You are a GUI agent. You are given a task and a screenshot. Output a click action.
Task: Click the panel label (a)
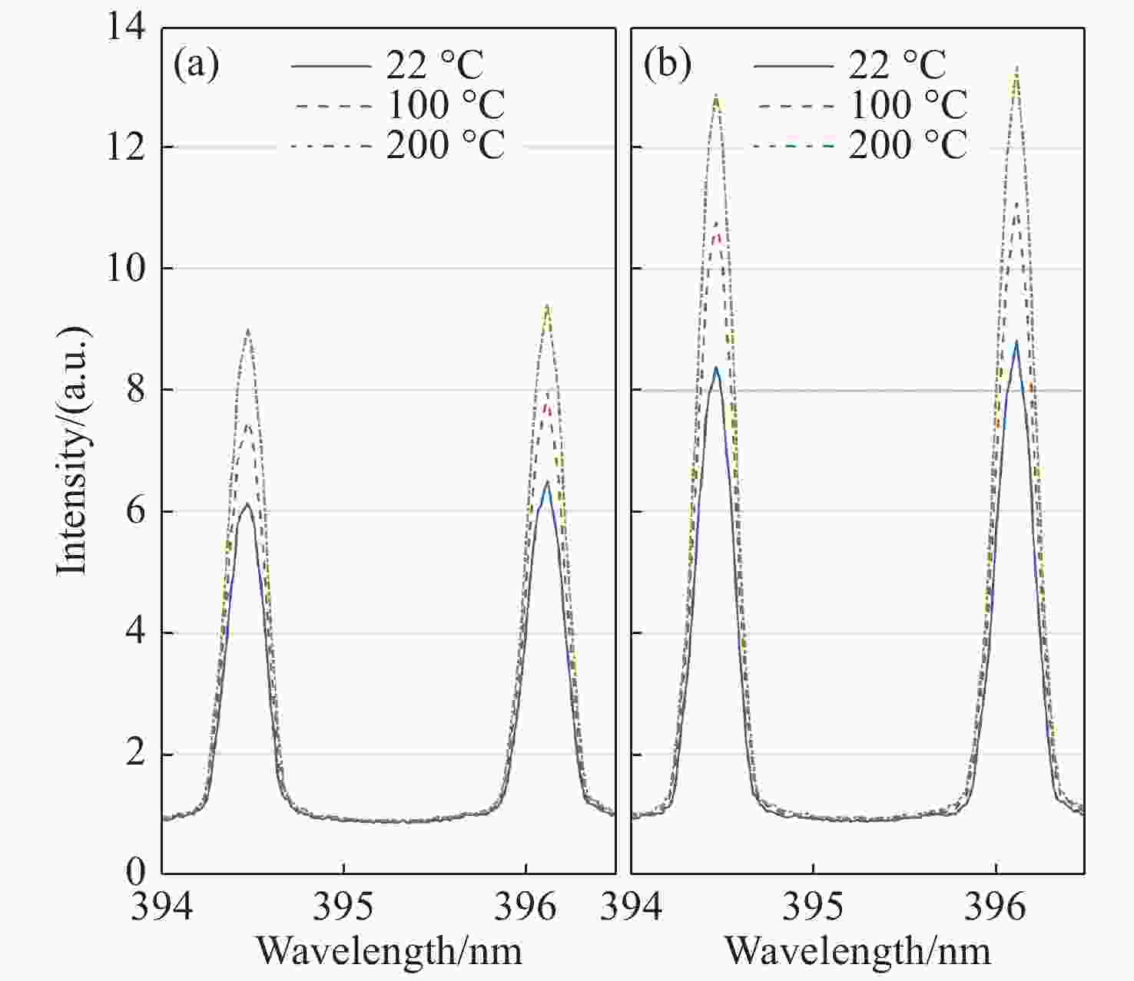pyautogui.click(x=196, y=65)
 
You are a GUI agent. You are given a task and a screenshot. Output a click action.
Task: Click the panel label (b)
pyautogui.click(x=666, y=65)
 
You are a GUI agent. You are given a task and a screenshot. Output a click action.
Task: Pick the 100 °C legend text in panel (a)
pyautogui.click(x=445, y=105)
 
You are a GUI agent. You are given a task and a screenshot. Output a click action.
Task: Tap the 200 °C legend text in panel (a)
pyautogui.click(x=445, y=145)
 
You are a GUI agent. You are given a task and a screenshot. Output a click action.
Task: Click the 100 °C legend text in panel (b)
pyautogui.click(x=907, y=105)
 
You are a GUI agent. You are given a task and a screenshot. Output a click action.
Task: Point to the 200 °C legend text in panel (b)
pyautogui.click(x=907, y=145)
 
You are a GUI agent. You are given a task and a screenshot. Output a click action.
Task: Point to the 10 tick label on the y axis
pyautogui.click(x=125, y=269)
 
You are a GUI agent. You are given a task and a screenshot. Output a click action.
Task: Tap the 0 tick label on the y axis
pyautogui.click(x=135, y=872)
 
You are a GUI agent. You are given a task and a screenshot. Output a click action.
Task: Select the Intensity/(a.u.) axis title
pyautogui.click(x=75, y=450)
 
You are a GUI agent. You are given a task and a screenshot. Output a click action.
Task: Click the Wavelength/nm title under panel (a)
pyautogui.click(x=389, y=950)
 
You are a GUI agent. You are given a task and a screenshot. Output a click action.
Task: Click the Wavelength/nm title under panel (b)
pyautogui.click(x=857, y=950)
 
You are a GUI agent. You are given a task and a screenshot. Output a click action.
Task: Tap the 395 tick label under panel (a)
pyautogui.click(x=343, y=907)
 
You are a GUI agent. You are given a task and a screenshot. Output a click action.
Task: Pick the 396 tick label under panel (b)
pyautogui.click(x=996, y=907)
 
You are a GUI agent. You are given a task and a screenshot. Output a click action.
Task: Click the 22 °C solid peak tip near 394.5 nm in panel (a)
pyautogui.click(x=247, y=504)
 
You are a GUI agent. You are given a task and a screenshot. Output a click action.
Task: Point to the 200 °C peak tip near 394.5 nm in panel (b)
pyautogui.click(x=716, y=95)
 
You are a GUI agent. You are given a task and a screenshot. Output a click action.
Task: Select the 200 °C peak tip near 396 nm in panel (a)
pyautogui.click(x=546, y=306)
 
